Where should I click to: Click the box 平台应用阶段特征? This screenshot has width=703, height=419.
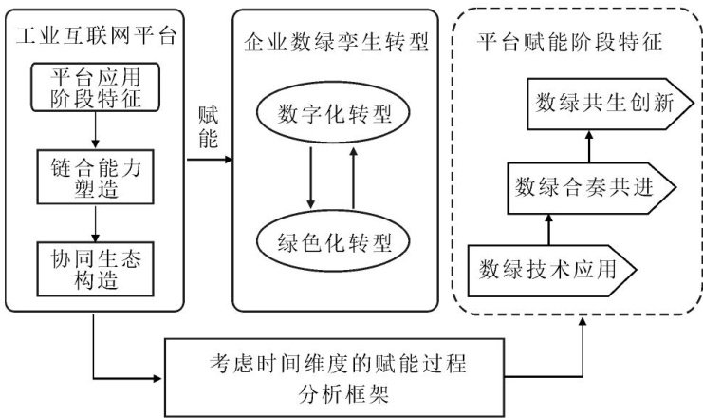pos(95,86)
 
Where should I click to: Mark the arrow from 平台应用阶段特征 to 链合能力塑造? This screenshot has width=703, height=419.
pos(95,130)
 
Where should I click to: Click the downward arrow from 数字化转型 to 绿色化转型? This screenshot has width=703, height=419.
pos(310,179)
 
